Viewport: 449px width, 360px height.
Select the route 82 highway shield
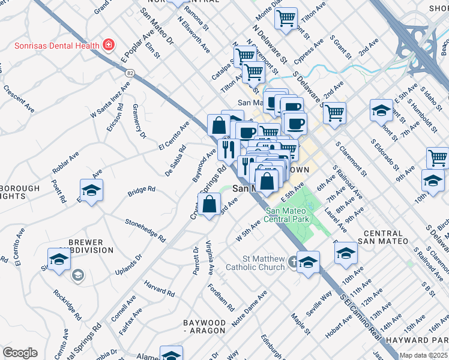click(x=130, y=73)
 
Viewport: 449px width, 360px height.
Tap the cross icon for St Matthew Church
click(x=293, y=262)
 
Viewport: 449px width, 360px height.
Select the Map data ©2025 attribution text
click(x=423, y=355)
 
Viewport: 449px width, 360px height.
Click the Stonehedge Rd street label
click(x=145, y=230)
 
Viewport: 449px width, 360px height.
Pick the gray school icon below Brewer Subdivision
click(x=77, y=275)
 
